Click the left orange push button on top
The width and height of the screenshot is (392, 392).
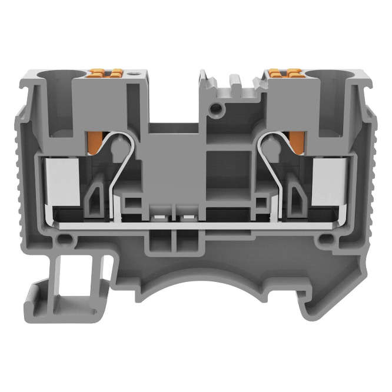click(110, 74)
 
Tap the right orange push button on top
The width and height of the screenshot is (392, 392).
click(281, 74)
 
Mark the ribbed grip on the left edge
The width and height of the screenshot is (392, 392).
click(18, 177)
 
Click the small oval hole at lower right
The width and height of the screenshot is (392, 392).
click(324, 240)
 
